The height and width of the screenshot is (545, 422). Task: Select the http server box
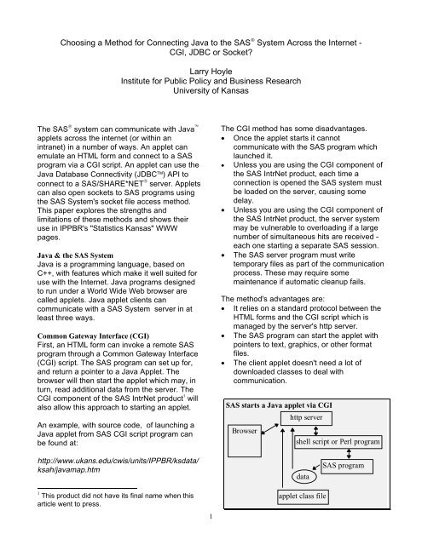[x=307, y=419]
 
